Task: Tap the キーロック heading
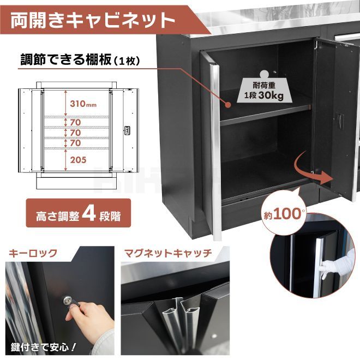coord(33,253)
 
